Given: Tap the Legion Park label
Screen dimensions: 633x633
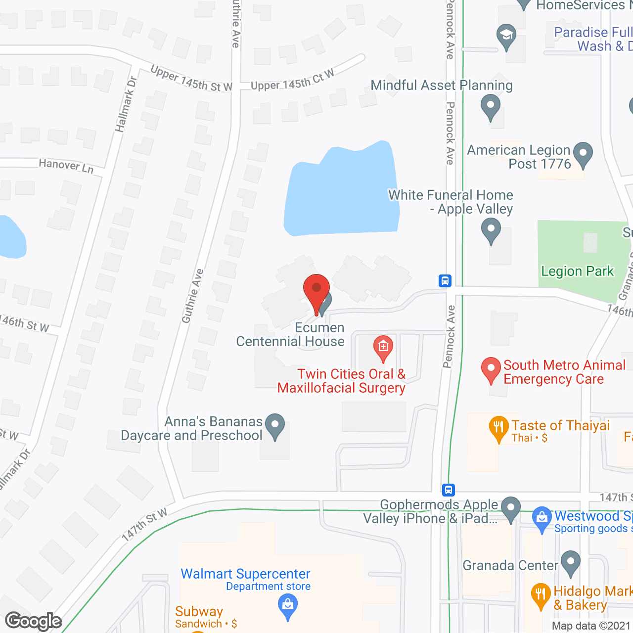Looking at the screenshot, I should (x=577, y=271).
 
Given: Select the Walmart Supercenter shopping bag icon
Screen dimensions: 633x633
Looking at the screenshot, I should (x=287, y=605).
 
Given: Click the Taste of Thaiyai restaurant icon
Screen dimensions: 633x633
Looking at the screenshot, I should (x=498, y=427).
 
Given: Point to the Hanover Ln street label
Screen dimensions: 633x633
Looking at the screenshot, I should (x=66, y=165).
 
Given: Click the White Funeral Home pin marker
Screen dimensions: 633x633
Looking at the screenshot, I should (x=491, y=230).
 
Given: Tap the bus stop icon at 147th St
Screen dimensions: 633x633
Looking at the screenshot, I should (x=449, y=490).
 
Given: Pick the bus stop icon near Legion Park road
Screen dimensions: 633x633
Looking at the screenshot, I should (x=445, y=281).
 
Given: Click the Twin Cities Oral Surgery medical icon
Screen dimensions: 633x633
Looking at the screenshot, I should (x=383, y=347).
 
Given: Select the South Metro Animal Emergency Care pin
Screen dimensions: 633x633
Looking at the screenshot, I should (x=491, y=368).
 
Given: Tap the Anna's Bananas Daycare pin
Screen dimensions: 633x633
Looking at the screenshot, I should (x=275, y=425).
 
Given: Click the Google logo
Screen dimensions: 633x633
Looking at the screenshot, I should (x=34, y=621).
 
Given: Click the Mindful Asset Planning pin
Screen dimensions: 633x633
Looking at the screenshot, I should (x=491, y=105).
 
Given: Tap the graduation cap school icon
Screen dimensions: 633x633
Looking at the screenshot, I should (x=506, y=35).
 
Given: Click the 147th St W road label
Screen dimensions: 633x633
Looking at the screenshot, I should (x=144, y=524).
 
